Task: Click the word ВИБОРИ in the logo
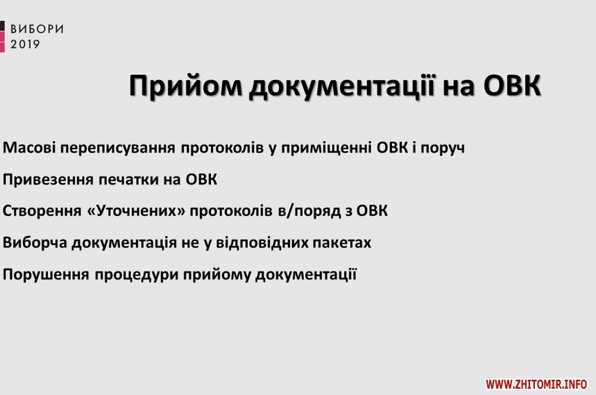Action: pos(37,29)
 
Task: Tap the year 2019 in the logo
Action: pos(25,44)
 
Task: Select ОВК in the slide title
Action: pos(512,86)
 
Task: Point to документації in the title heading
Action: pos(343,87)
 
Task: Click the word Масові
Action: pos(29,147)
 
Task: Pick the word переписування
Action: pos(118,149)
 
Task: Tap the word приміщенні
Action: pos(327,149)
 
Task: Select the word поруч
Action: pos(443,149)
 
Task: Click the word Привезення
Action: pos(49,179)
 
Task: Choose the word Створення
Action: pos(42,211)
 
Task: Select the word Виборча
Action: pos(35,242)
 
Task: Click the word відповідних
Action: pos(262,242)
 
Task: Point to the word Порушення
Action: pos(46,274)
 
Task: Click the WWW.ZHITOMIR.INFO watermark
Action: pos(536,385)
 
